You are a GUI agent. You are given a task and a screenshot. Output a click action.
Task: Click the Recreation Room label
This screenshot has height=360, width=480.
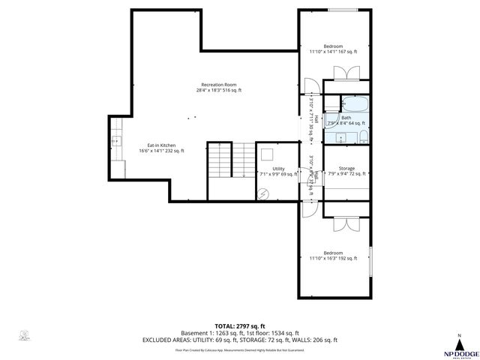pyautogui.click(x=218, y=87)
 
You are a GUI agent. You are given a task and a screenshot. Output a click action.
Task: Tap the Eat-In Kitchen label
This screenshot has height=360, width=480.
pyautogui.click(x=161, y=148)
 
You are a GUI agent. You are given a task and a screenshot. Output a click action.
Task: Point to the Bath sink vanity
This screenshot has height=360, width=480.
pyautogui.click(x=340, y=136)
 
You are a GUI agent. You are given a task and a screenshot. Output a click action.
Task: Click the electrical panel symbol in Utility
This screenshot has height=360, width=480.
pyautogui.click(x=262, y=193)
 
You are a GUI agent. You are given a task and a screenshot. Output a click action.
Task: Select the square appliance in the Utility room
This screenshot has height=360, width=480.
pyautogui.click(x=266, y=154)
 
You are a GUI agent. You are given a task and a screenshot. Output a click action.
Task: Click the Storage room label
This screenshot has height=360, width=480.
pyautogui.click(x=346, y=171)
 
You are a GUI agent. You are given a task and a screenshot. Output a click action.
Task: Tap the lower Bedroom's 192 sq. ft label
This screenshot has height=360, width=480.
pyautogui.click(x=333, y=256)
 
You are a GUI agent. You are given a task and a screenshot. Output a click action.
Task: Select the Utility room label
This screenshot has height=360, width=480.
pyautogui.click(x=278, y=171)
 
